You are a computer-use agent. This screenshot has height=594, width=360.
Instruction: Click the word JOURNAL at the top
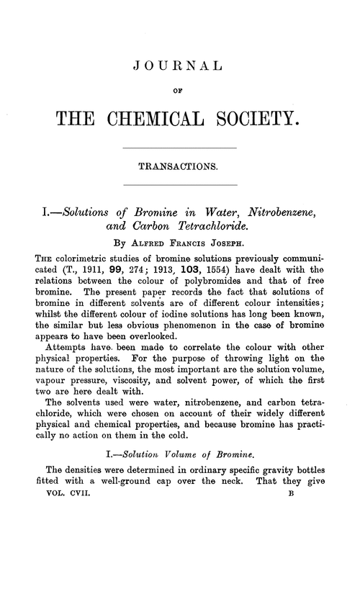point(179,68)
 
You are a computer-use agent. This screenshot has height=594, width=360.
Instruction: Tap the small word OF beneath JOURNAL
point(180,91)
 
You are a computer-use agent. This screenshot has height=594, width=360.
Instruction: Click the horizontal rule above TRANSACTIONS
point(180,148)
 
